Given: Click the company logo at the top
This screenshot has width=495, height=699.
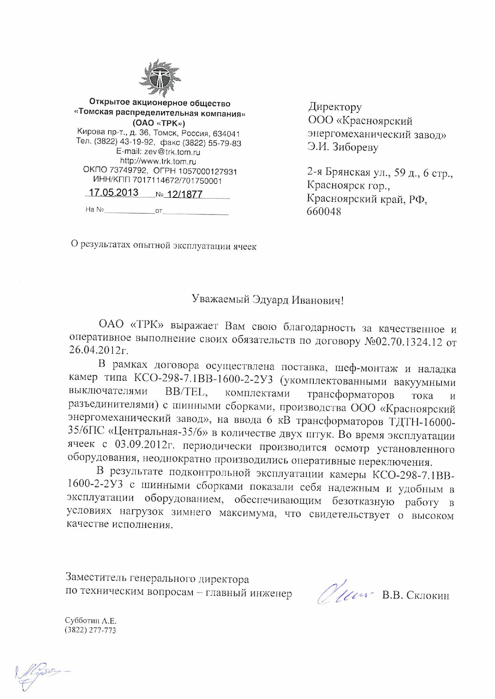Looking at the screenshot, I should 160,79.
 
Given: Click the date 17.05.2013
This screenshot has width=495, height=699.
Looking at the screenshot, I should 113,193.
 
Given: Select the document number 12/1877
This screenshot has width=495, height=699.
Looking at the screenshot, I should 185,194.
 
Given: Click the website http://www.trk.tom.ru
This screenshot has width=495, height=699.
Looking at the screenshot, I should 158,161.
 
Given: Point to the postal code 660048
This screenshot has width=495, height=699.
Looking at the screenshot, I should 324,212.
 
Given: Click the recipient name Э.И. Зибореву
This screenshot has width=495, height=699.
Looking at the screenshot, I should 343,148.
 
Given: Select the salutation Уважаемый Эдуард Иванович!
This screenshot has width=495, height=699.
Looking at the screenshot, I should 267,300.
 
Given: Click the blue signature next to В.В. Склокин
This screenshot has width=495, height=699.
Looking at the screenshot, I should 344,593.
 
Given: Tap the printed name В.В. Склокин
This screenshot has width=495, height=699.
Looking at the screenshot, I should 416,595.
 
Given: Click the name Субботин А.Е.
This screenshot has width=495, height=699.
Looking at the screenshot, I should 91,621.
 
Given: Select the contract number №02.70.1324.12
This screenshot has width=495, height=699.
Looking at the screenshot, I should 403,342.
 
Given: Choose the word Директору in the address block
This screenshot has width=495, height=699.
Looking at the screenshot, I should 335,107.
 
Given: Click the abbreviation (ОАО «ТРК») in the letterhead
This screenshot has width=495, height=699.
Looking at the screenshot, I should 159,122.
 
